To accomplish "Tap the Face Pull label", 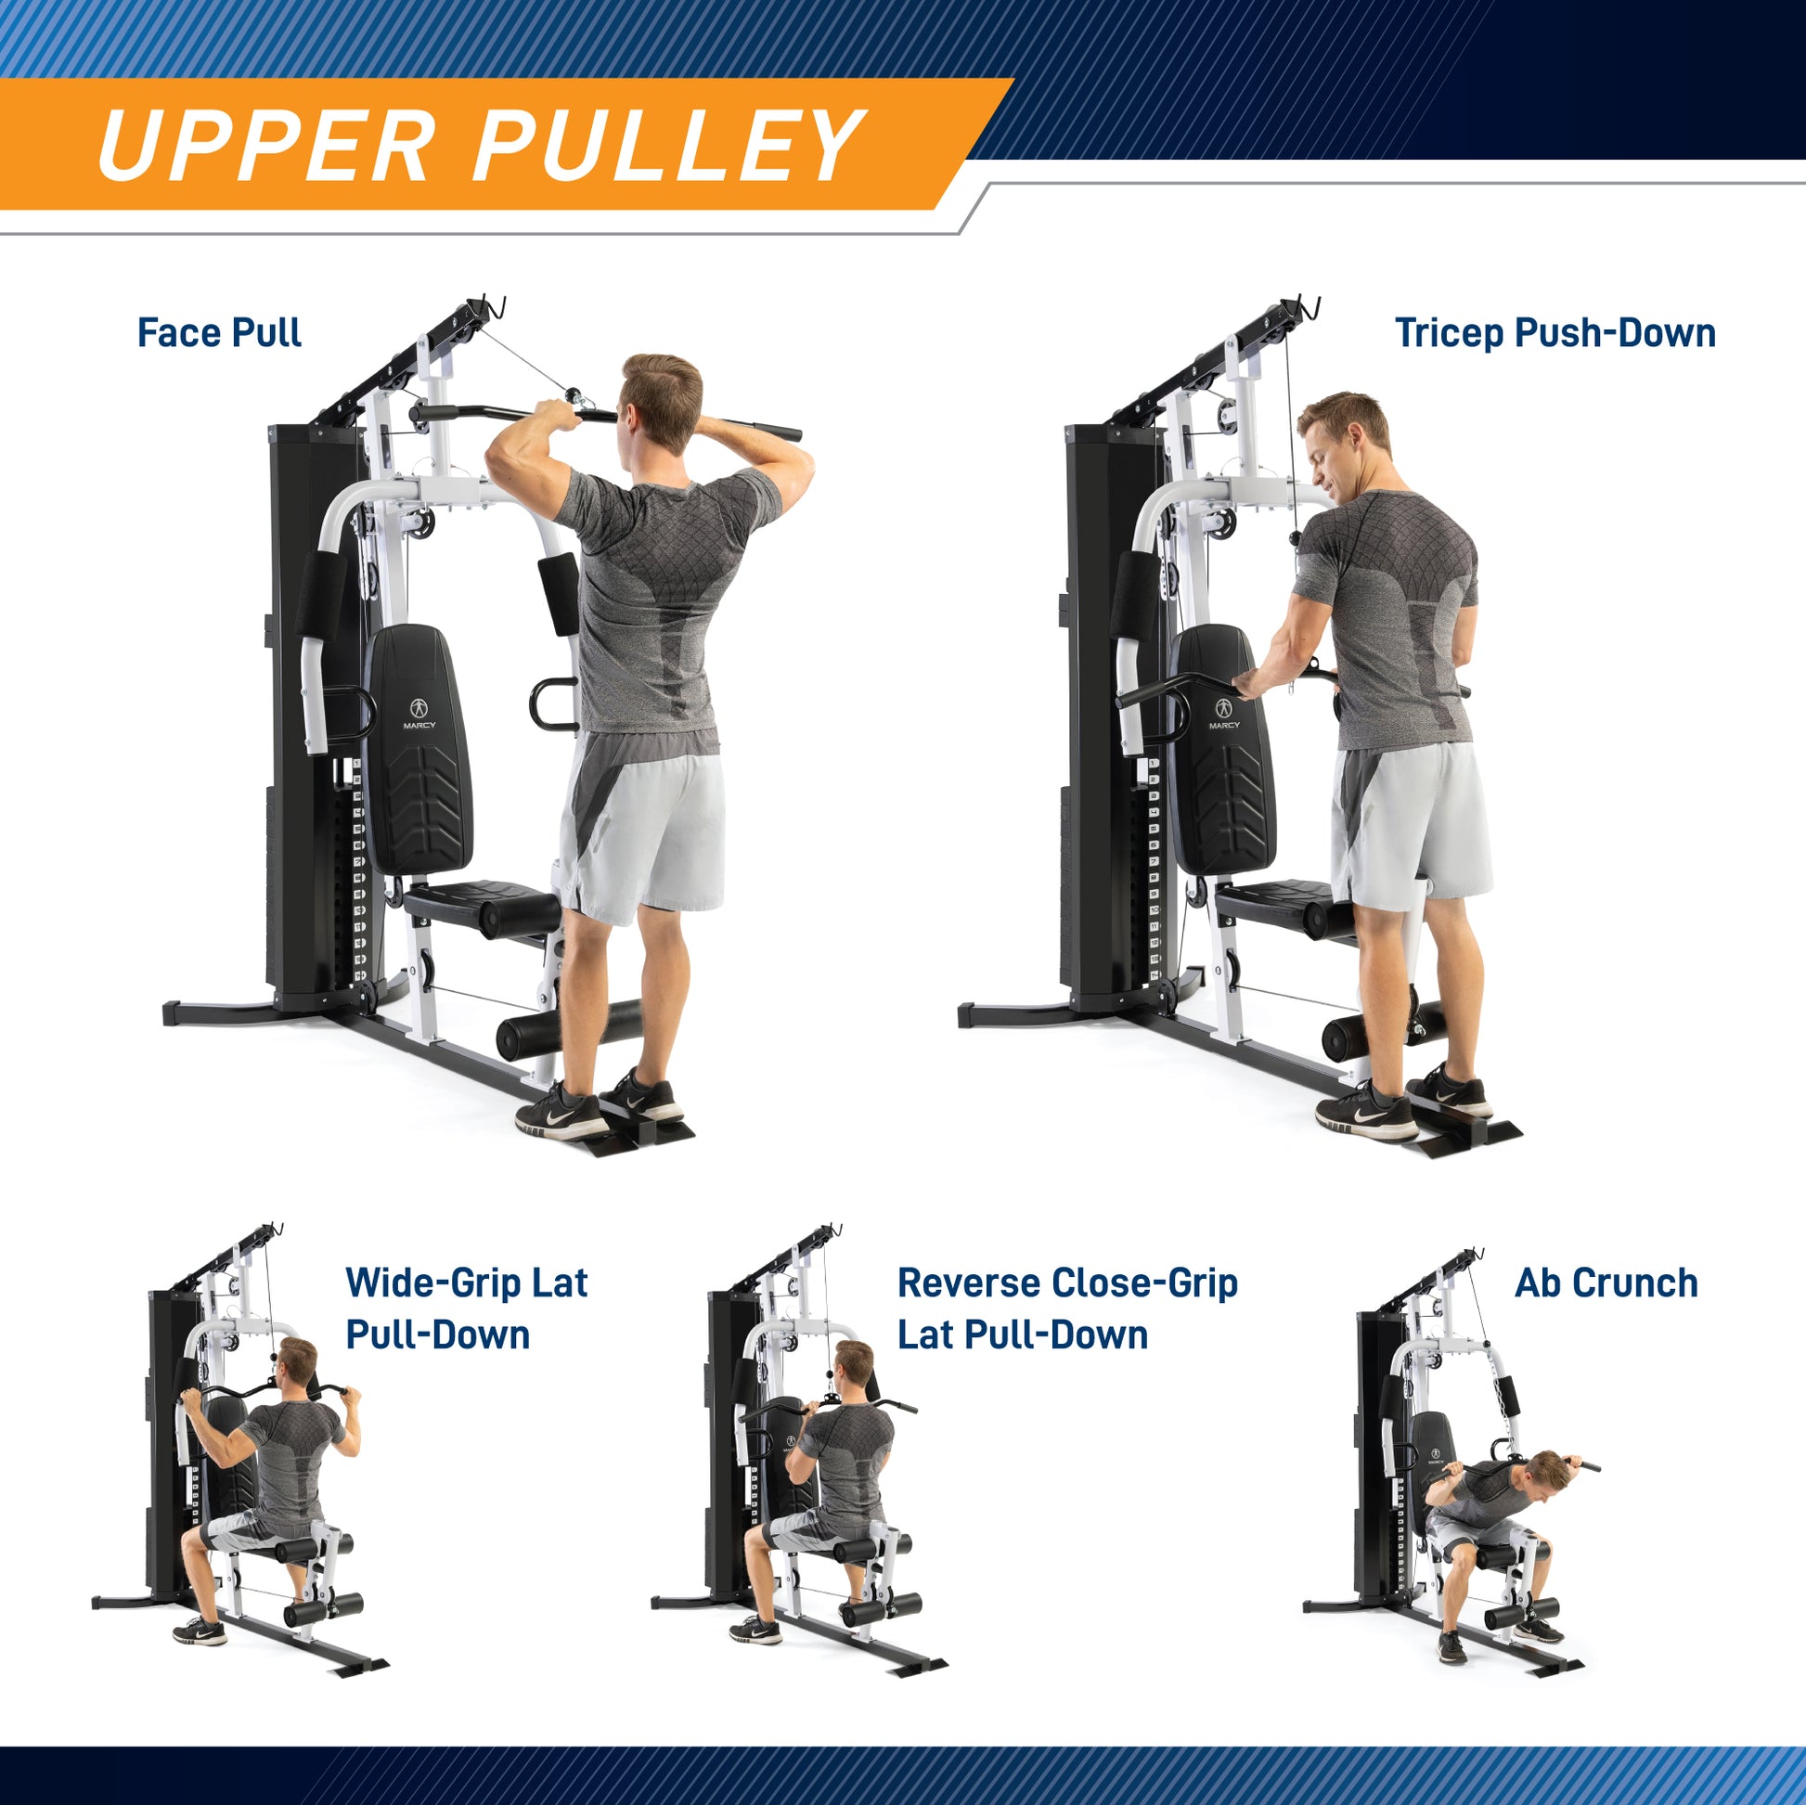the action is (x=219, y=333).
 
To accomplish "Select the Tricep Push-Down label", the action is (x=1554, y=333).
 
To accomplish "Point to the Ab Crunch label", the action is (x=1606, y=1283).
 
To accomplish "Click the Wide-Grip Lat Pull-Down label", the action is (x=467, y=1308).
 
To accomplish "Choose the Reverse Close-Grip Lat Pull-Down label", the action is (x=1066, y=1308).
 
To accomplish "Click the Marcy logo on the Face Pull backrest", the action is (x=419, y=714).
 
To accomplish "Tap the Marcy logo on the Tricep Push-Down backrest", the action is (x=1223, y=712).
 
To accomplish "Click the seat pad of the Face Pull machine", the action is (x=482, y=905).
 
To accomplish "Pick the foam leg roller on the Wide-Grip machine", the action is (x=323, y=1608).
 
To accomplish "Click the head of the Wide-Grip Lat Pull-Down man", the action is (x=298, y=1368).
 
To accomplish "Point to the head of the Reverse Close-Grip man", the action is (x=854, y=1370).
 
